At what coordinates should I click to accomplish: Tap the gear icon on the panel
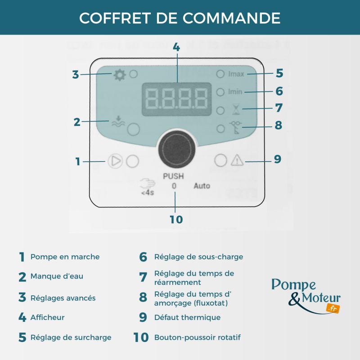(119, 75)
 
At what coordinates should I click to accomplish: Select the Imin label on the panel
(235, 92)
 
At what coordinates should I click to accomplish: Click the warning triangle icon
(236, 160)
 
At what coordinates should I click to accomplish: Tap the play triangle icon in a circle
(115, 161)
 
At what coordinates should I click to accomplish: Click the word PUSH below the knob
(173, 176)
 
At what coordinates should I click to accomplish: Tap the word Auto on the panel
(202, 185)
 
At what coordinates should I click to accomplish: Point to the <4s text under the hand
(147, 194)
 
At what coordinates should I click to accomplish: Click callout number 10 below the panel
(176, 220)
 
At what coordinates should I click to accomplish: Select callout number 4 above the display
(176, 47)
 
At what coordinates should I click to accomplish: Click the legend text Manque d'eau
(57, 276)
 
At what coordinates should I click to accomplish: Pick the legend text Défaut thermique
(187, 317)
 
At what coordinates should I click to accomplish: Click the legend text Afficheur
(48, 317)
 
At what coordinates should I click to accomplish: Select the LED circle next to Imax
(220, 74)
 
